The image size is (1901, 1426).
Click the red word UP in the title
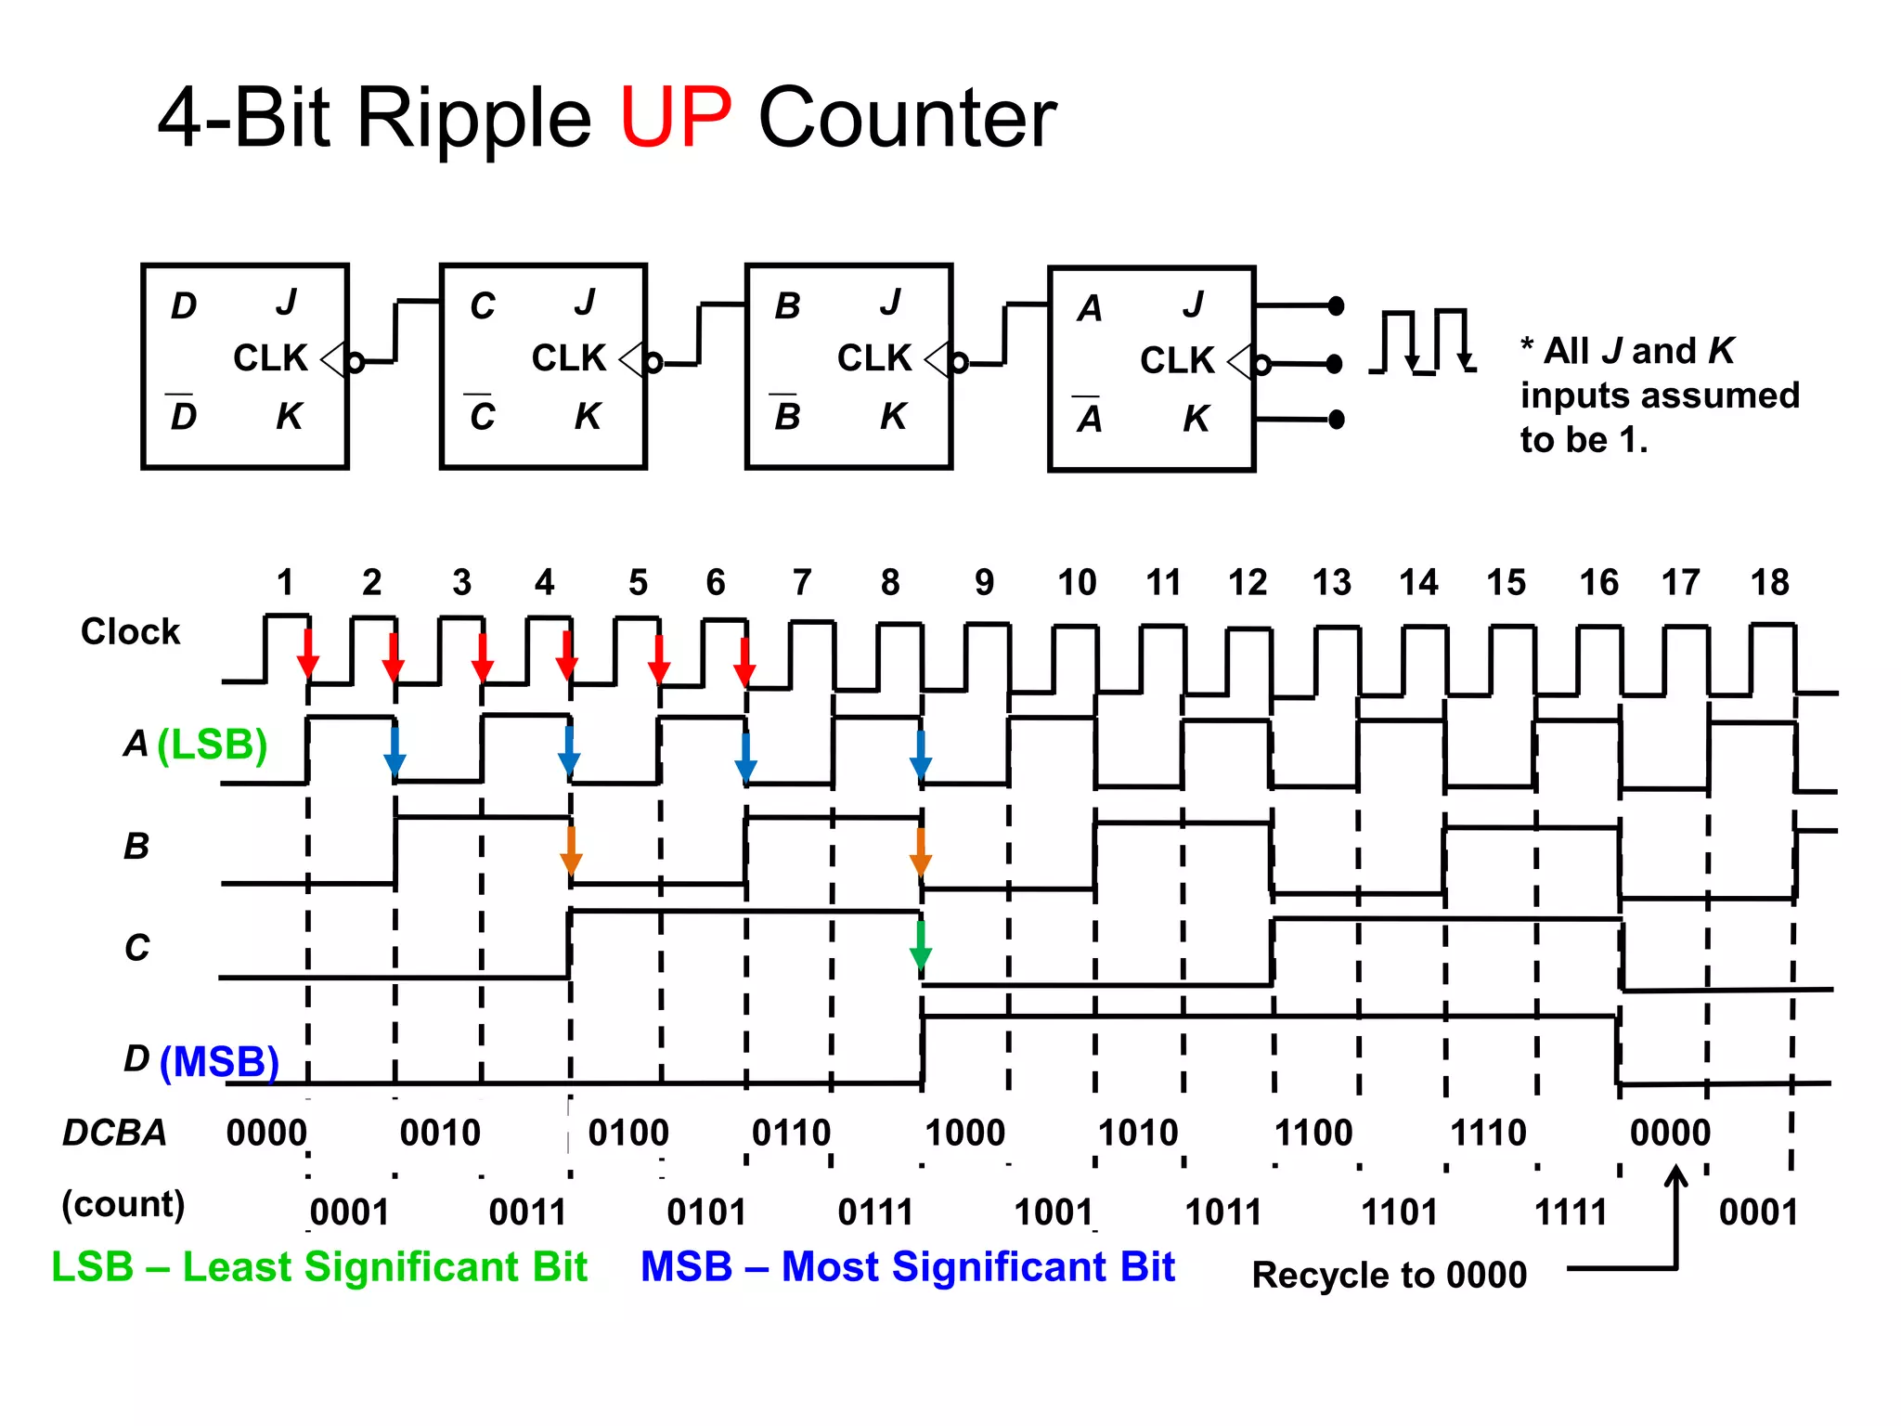point(675,118)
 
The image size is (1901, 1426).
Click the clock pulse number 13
point(1331,583)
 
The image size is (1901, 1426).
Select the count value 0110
point(791,1133)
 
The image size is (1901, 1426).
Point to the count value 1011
point(1223,1212)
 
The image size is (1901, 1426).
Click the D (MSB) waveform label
point(200,1060)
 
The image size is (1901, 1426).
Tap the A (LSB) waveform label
point(195,744)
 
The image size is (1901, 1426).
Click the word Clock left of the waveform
point(130,631)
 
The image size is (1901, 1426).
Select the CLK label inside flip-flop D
point(269,358)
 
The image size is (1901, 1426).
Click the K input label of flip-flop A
point(1196,419)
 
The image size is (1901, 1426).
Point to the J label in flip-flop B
point(890,303)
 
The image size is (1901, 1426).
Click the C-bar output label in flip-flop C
point(482,415)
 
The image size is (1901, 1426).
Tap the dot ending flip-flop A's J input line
point(1336,305)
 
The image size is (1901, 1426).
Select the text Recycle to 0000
point(1389,1275)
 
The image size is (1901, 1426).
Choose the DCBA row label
point(114,1133)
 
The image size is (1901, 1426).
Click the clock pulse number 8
point(890,583)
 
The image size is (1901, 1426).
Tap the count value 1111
point(1571,1212)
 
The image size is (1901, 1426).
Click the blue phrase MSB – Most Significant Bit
point(907,1267)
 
